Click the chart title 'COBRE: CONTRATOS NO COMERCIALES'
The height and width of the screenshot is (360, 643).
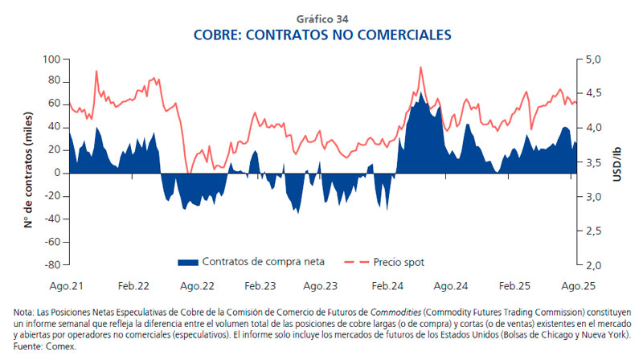pyautogui.click(x=321, y=35)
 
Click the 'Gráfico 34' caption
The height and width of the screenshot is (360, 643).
pyautogui.click(x=321, y=17)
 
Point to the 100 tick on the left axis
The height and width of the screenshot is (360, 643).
pyautogui.click(x=51, y=59)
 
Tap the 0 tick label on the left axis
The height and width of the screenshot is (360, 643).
pyautogui.click(x=56, y=173)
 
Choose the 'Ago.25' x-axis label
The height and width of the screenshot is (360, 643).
pyautogui.click(x=577, y=285)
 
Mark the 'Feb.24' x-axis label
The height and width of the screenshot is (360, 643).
pyautogui.click(x=387, y=285)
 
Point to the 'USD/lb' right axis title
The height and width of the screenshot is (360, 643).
pyautogui.click(x=616, y=162)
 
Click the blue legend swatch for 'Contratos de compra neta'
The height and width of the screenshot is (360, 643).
pyautogui.click(x=186, y=262)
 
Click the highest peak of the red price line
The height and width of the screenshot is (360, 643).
pyautogui.click(x=420, y=67)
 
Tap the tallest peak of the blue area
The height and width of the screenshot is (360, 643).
pyautogui.click(x=420, y=92)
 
